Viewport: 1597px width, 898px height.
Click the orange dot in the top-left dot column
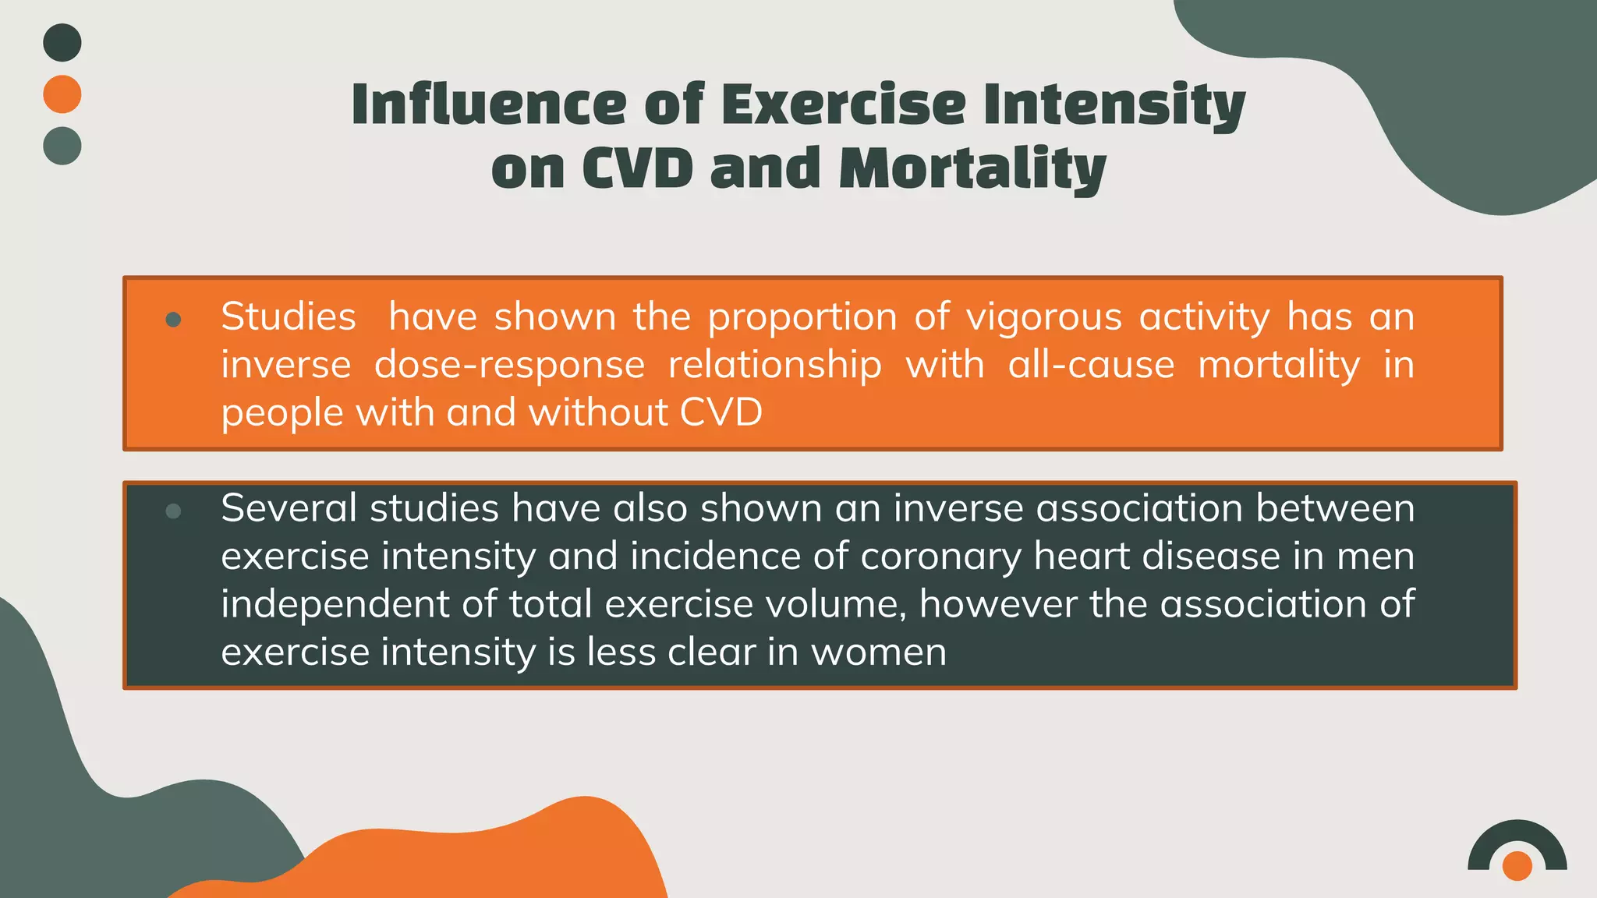[62, 94]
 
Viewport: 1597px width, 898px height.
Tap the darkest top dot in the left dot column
[62, 43]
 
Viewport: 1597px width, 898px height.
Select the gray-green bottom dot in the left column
[62, 146]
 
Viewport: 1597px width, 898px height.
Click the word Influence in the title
[489, 104]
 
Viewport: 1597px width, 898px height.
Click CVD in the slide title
[637, 169]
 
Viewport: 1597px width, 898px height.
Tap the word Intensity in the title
[1114, 106]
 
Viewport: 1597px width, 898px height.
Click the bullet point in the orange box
[174, 320]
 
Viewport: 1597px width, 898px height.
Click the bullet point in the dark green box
[174, 511]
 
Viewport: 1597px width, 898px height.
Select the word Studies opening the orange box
[289, 317]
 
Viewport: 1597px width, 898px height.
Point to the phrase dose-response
[509, 366]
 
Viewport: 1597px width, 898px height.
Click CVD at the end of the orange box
[721, 412]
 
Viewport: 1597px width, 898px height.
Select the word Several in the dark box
[289, 509]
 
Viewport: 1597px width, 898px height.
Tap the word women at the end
[879, 652]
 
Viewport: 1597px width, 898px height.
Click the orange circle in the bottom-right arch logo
[1517, 865]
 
